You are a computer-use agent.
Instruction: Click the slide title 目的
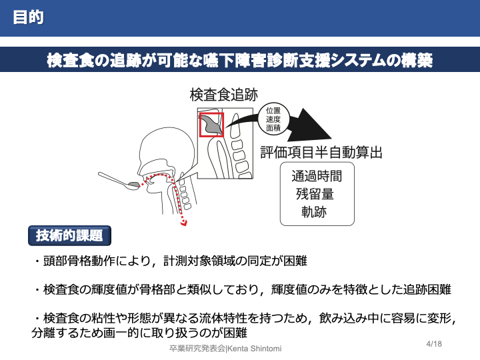coord(28,17)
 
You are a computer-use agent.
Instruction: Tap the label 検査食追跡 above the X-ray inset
coord(223,95)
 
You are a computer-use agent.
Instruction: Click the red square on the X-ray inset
coord(212,124)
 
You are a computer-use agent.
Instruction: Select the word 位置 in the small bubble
coord(273,110)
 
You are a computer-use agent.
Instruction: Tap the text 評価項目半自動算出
coord(321,152)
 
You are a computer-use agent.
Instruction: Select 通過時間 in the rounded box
coord(317,177)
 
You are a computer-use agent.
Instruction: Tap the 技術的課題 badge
coord(69,235)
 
